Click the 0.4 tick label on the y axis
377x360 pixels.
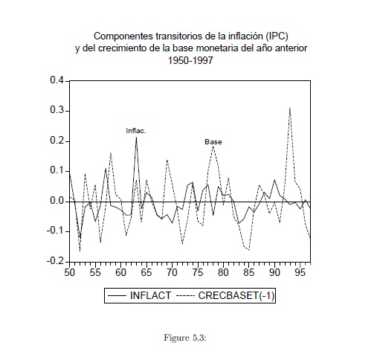click(x=57, y=80)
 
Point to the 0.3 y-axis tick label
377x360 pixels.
click(x=57, y=110)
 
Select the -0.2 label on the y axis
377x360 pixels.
click(x=55, y=261)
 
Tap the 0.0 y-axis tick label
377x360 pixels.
click(x=57, y=201)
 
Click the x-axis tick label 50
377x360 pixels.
click(x=69, y=272)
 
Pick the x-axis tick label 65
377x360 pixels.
click(x=146, y=272)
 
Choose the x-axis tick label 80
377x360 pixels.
click(x=223, y=272)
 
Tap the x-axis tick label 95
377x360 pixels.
click(x=300, y=272)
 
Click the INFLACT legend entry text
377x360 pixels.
click(x=150, y=295)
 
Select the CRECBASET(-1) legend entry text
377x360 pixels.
click(x=236, y=295)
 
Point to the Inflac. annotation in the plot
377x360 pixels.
click(x=136, y=131)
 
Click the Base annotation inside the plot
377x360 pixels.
click(x=213, y=142)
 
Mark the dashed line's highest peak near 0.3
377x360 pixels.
click(x=290, y=108)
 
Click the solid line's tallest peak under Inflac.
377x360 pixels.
click(x=136, y=138)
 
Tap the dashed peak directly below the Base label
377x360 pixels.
click(x=213, y=147)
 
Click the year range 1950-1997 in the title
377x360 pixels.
click(x=190, y=60)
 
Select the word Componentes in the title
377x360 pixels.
click(x=123, y=36)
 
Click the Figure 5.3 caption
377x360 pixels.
click(x=185, y=338)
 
